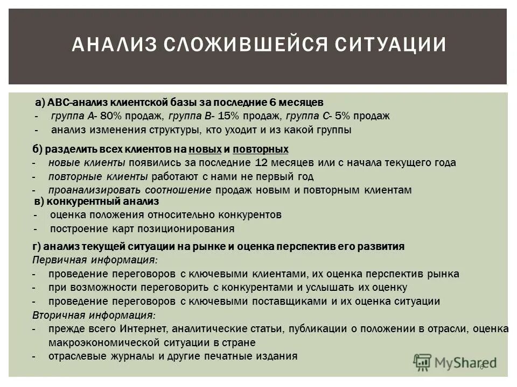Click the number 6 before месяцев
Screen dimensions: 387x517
[x=289, y=102]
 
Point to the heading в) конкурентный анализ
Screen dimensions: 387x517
[x=96, y=202]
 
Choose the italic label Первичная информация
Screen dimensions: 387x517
[x=95, y=260]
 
